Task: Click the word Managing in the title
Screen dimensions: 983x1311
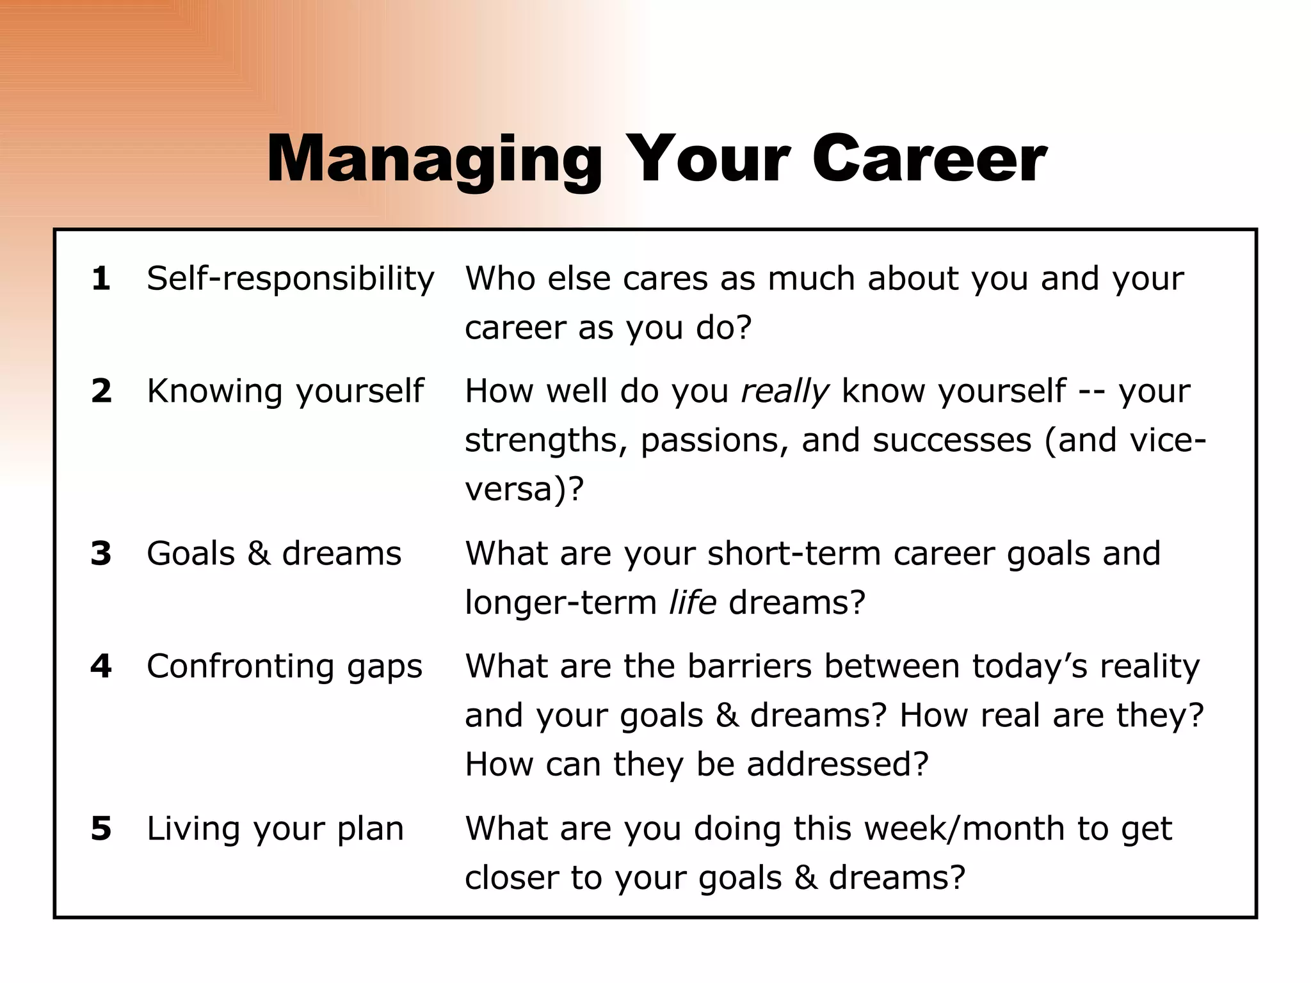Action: click(x=434, y=160)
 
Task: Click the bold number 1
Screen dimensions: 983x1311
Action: click(x=101, y=279)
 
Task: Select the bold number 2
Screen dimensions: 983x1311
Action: click(x=101, y=392)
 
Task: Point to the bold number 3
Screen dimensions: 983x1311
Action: click(x=101, y=554)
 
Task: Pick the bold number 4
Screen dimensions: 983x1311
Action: click(x=101, y=666)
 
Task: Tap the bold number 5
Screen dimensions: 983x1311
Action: click(x=101, y=829)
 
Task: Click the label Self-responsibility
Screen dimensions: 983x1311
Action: click(x=290, y=280)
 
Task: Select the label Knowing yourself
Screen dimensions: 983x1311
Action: click(x=285, y=392)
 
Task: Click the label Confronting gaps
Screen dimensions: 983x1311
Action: click(x=284, y=667)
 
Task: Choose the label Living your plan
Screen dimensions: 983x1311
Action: click(x=275, y=829)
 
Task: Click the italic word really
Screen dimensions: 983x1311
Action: click(x=784, y=392)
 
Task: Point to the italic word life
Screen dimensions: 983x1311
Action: click(x=692, y=603)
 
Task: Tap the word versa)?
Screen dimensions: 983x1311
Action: click(x=524, y=490)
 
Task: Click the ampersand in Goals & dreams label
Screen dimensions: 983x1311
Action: click(x=259, y=554)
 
